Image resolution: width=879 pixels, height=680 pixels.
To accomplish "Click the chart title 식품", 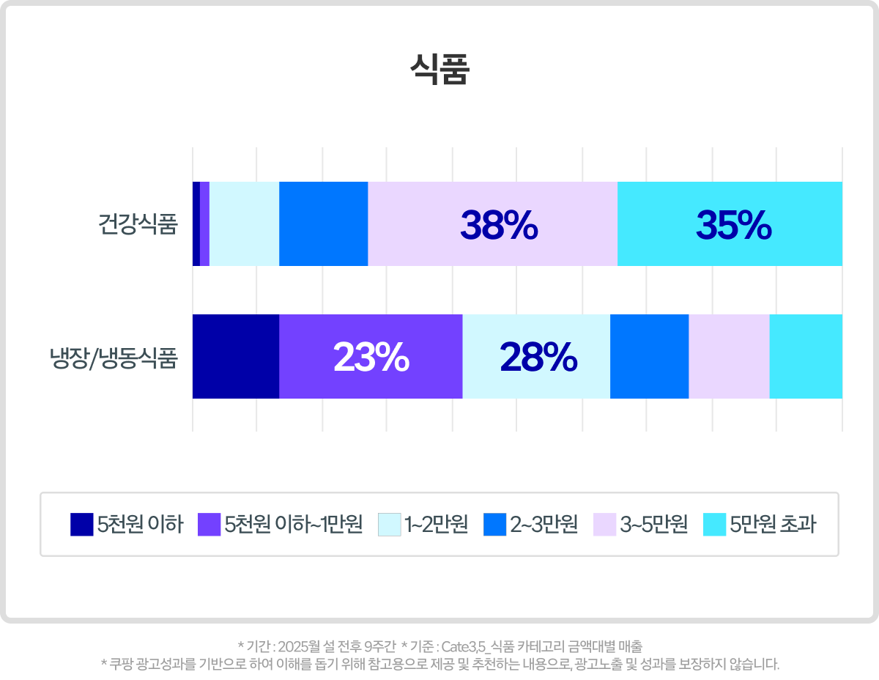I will tap(439, 71).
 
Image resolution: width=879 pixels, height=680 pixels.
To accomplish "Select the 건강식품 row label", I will tap(138, 223).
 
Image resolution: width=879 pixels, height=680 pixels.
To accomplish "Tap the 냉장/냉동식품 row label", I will tap(114, 358).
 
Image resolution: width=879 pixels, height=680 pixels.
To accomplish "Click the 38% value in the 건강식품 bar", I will tap(499, 225).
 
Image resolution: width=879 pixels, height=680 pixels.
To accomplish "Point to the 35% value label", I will tap(733, 225).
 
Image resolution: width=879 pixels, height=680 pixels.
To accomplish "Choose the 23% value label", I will tap(371, 358).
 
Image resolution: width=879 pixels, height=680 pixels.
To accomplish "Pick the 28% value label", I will tap(538, 358).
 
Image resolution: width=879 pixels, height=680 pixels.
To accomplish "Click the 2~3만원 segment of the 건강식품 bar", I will tap(323, 223).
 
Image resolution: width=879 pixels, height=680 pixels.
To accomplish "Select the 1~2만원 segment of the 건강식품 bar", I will tap(244, 223).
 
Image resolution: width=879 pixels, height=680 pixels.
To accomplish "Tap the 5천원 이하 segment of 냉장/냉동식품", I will tap(235, 357).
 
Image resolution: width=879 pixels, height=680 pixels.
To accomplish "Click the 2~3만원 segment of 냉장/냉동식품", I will tap(649, 357).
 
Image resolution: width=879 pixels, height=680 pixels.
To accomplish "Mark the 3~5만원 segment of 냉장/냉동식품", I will tap(729, 357).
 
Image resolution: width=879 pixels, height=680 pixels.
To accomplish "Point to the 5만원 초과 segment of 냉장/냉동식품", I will tap(805, 357).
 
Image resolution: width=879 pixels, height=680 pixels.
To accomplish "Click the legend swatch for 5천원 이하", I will tap(82, 525).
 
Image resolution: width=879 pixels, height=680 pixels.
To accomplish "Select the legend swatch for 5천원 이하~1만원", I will tap(209, 525).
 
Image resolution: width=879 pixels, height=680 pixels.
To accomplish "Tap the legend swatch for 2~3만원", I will tap(496, 525).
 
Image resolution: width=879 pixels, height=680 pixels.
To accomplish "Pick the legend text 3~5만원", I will tap(653, 525).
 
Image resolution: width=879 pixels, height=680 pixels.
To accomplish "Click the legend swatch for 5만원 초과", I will tap(714, 525).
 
